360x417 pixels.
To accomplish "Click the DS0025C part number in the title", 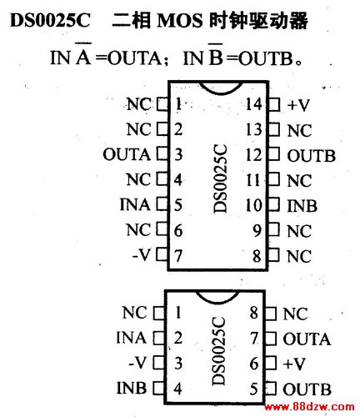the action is [50, 20].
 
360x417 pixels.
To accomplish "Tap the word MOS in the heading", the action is [180, 21].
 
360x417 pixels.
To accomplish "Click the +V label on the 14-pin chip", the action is [298, 105].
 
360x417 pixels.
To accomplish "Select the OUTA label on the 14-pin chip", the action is [127, 154].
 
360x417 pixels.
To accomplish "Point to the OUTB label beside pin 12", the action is [312, 156].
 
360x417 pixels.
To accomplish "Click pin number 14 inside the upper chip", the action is [254, 104].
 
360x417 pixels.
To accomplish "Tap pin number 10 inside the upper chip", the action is [254, 205].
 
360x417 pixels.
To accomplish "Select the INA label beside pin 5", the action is [135, 205].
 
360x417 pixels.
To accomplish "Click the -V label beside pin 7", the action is [142, 255].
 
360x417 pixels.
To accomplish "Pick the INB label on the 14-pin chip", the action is [302, 206].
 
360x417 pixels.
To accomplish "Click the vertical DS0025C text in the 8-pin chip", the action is [218, 350].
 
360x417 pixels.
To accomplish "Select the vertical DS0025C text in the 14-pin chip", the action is [220, 178].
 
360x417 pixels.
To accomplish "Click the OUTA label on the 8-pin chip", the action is [307, 339].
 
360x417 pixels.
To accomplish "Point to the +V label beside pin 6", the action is [294, 364].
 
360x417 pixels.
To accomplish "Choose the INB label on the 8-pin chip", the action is [132, 388].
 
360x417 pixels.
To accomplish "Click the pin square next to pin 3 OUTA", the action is [162, 153].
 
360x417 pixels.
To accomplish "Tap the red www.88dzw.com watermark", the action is [309, 407].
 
